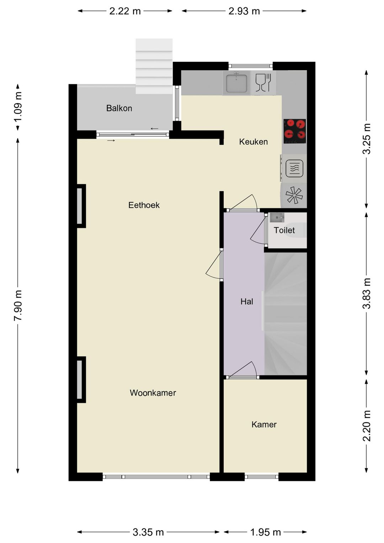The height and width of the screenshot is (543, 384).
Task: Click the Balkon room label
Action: point(119,108)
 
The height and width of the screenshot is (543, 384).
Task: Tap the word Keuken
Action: point(254,142)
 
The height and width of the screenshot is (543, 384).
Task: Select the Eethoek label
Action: point(144,205)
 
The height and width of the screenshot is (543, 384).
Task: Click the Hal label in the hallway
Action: point(247,301)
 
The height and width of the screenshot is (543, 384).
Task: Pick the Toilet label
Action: point(284,230)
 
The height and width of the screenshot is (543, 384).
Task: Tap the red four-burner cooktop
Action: point(295,131)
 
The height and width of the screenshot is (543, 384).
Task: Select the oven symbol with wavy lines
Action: point(294,168)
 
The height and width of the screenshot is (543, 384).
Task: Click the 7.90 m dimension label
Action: point(18,305)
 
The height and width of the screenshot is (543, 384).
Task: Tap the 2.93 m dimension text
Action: point(244,11)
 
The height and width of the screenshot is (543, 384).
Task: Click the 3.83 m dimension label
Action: point(366,294)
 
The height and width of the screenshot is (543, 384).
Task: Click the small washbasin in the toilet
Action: point(277,217)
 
